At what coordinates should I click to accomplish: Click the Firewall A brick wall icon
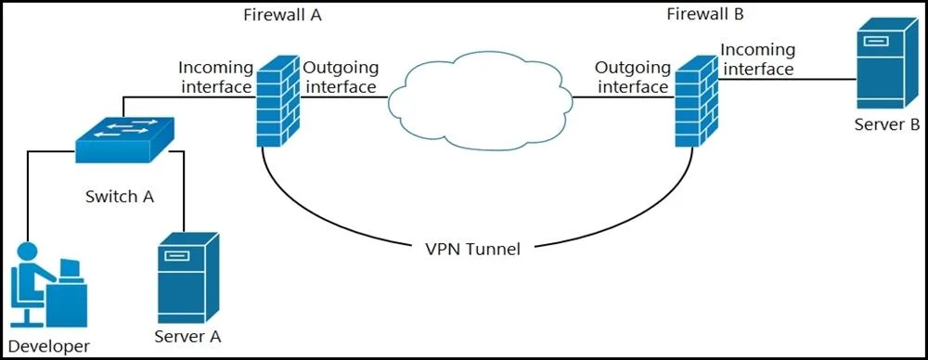278,100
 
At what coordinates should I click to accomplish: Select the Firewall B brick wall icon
697,100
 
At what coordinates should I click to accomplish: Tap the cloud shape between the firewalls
480,99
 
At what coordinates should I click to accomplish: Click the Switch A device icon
124,140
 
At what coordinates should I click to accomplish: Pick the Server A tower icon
188,277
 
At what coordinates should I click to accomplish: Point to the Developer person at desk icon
48,284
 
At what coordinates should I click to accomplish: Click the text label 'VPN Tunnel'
473,250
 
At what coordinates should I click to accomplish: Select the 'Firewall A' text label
282,15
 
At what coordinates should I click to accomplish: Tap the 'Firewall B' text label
705,15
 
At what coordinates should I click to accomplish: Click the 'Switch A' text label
120,197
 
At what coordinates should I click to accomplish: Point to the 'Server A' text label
187,337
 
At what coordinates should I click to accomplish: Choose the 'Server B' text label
887,124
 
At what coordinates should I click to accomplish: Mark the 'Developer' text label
50,346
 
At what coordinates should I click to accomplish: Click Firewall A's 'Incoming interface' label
215,78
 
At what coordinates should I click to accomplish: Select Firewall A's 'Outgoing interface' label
341,78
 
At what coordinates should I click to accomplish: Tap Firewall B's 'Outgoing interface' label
633,78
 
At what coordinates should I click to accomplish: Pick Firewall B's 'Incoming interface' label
758,59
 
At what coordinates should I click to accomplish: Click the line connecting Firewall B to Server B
788,79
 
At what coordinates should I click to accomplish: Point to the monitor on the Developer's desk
70,269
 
